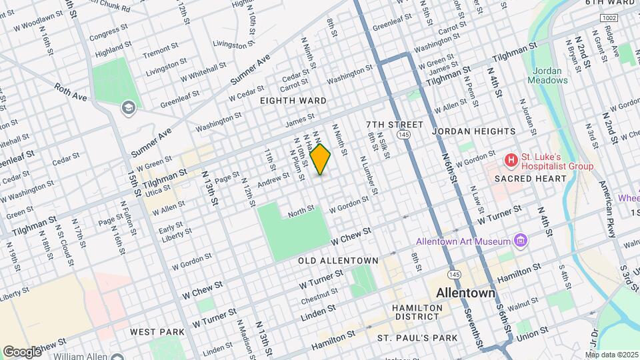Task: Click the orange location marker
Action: click(x=321, y=159)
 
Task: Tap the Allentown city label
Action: click(x=465, y=293)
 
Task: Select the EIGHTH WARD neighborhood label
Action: click(x=293, y=101)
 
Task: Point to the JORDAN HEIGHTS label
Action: click(x=473, y=131)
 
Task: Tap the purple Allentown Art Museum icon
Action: click(x=521, y=241)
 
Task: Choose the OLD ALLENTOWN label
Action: click(x=338, y=260)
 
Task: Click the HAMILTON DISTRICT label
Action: click(x=417, y=312)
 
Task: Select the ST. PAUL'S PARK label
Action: click(x=417, y=338)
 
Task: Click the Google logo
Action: click(x=22, y=351)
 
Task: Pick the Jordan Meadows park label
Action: click(x=548, y=75)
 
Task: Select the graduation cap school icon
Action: click(x=128, y=107)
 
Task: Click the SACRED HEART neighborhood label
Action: click(x=531, y=179)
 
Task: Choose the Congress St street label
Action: click(x=108, y=31)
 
